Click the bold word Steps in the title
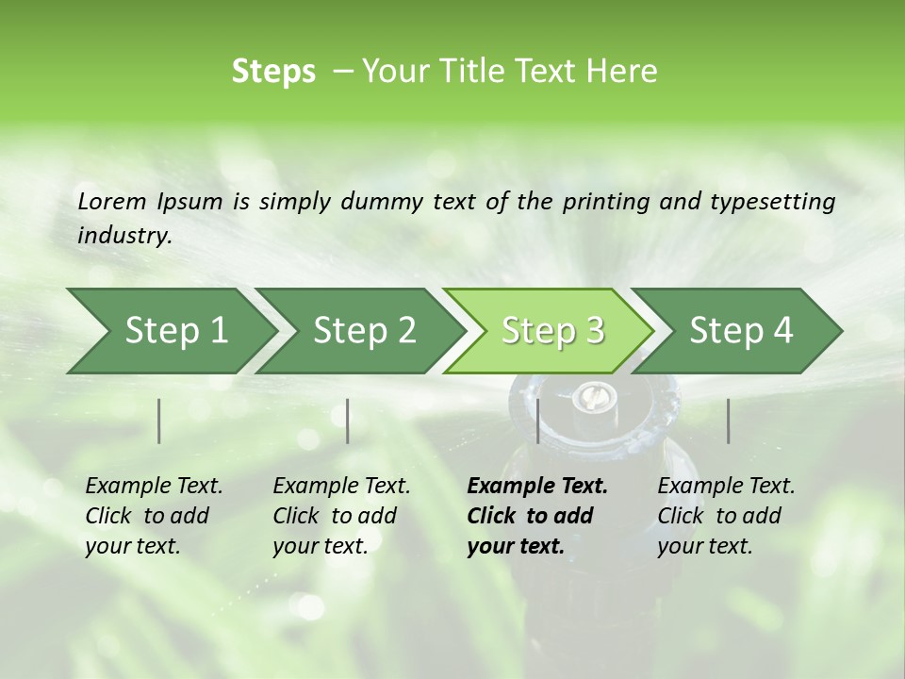[x=273, y=72]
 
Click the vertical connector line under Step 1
[x=159, y=421]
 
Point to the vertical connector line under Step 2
[x=348, y=421]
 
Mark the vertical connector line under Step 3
[x=537, y=421]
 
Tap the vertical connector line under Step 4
[x=728, y=421]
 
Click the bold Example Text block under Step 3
[x=536, y=516]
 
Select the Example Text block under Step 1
[x=154, y=516]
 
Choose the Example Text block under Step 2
[x=341, y=516]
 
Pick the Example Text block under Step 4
[x=726, y=516]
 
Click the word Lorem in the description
[x=111, y=201]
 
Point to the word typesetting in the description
[x=781, y=202]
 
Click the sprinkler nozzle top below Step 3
[x=591, y=397]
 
